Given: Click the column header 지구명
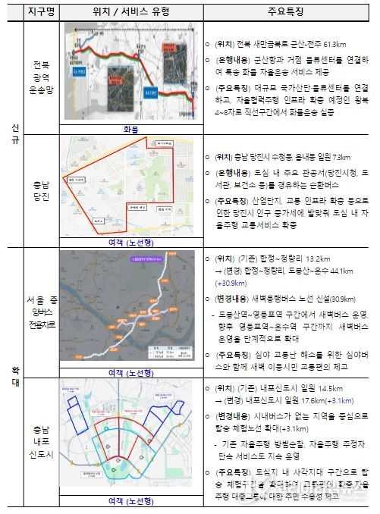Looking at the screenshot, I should pyautogui.click(x=39, y=12).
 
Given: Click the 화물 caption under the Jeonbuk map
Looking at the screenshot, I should pyautogui.click(x=130, y=129).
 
